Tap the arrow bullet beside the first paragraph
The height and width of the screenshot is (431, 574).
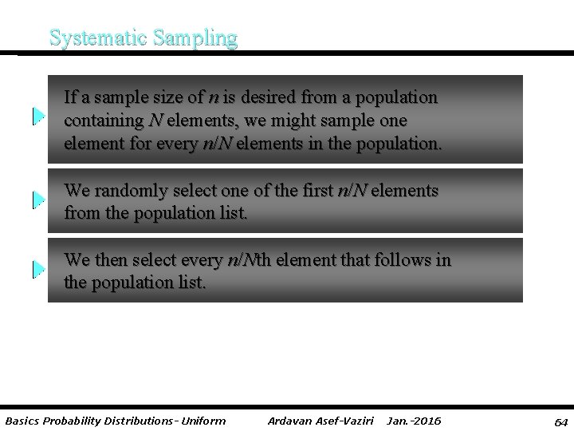pyautogui.click(x=39, y=117)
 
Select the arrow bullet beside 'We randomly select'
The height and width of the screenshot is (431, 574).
pyautogui.click(x=39, y=200)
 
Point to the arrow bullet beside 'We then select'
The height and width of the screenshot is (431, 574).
pyautogui.click(x=39, y=269)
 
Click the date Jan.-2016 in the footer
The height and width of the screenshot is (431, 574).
pyautogui.click(x=414, y=421)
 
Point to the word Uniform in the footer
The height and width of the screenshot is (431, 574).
pyautogui.click(x=203, y=421)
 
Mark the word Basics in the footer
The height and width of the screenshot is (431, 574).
pyautogui.click(x=22, y=421)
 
